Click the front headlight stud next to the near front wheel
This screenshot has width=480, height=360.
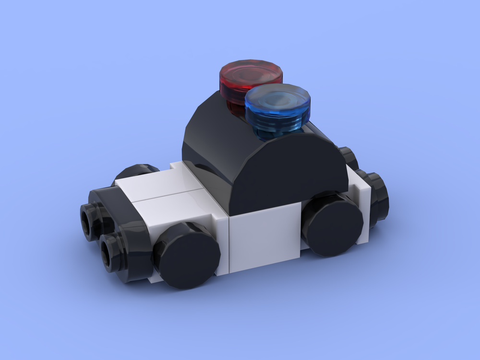(x=115, y=252)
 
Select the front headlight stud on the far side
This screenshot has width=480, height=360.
(x=91, y=221)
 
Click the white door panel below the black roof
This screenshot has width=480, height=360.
(x=264, y=235)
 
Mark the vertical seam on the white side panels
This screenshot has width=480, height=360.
(x=229, y=245)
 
